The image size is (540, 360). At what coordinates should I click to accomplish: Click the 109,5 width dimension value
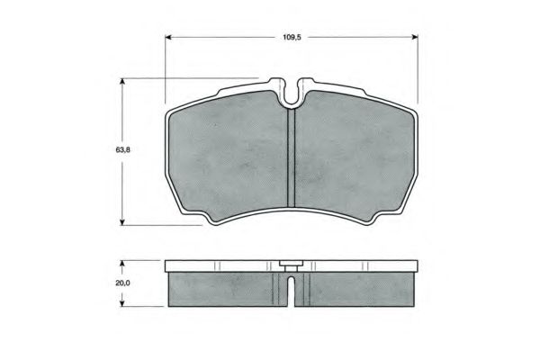click(292, 37)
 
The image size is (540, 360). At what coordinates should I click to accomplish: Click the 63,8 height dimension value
click(123, 150)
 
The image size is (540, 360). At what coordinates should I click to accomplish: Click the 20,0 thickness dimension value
click(122, 283)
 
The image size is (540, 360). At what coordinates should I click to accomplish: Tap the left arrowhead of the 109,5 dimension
click(168, 37)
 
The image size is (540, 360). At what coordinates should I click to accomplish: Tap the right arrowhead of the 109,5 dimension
click(415, 37)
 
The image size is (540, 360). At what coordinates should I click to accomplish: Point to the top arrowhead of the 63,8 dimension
click(121, 82)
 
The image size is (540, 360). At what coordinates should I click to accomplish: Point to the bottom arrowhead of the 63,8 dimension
click(121, 222)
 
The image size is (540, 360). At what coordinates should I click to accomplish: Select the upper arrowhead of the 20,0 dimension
click(121, 264)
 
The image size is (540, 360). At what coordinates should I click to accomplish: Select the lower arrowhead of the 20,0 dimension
click(121, 303)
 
